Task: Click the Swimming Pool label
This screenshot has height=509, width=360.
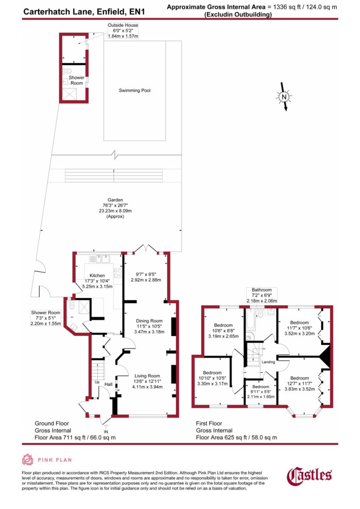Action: [x=135, y=90]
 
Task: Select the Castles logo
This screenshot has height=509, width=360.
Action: [x=309, y=475]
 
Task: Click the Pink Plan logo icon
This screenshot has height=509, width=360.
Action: [x=28, y=460]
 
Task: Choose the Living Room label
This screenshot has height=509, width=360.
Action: [x=147, y=376]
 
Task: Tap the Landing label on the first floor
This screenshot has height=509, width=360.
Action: [x=268, y=362]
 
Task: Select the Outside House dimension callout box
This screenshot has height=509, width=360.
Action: [x=110, y=30]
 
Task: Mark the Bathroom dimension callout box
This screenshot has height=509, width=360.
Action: [x=262, y=295]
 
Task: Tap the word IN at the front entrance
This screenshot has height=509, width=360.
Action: [x=106, y=431]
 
